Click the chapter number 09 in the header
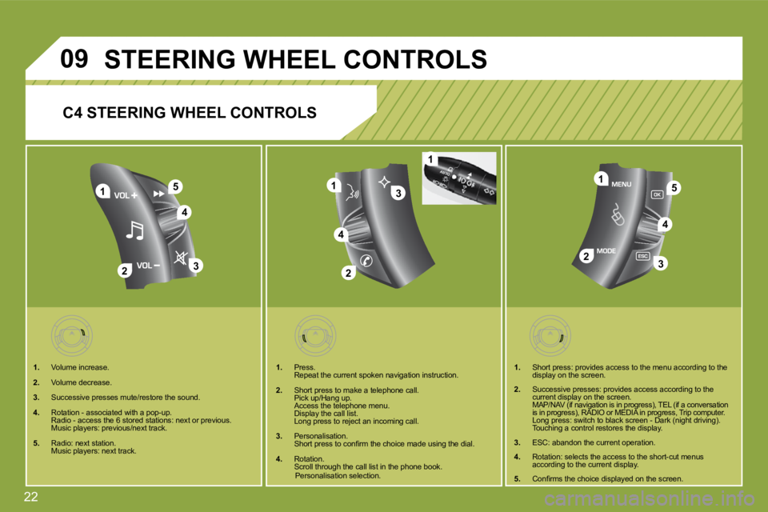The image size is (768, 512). (76, 58)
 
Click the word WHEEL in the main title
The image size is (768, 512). (291, 58)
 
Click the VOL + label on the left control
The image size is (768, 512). (127, 194)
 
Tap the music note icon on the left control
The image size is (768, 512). (134, 230)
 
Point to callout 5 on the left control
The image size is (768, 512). (175, 187)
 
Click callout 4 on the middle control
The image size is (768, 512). (341, 234)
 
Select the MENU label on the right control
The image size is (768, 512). (622, 184)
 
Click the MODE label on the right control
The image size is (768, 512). (607, 250)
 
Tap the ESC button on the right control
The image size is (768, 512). (642, 256)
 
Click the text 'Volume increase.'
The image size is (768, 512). (79, 368)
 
